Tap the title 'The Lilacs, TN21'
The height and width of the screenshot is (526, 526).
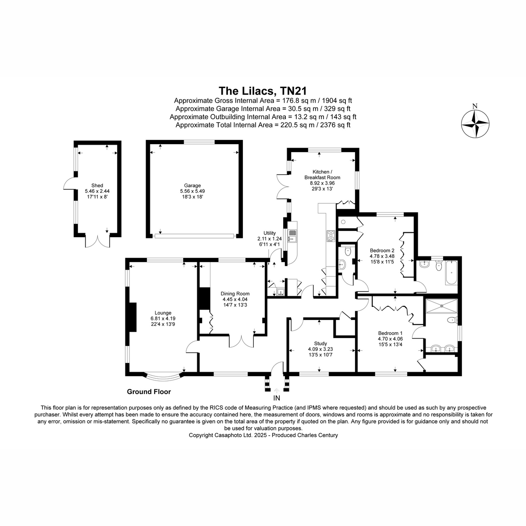tap(263, 91)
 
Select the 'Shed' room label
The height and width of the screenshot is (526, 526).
tap(97, 185)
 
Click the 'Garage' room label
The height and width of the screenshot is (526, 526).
tap(192, 185)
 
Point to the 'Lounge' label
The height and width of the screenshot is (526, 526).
tap(163, 313)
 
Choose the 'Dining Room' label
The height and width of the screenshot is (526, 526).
tap(235, 294)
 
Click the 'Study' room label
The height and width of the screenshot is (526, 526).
tap(320, 343)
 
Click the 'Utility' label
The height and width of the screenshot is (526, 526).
tap(270, 233)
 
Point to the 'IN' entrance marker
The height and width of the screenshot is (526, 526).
tap(277, 398)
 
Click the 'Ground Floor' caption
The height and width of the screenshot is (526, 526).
tap(149, 392)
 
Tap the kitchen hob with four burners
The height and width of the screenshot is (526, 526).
tap(331, 236)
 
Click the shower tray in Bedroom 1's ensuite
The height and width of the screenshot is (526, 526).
tap(441, 306)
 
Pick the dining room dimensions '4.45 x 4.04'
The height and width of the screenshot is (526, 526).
tap(235, 299)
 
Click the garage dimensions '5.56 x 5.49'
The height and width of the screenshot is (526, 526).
tap(192, 191)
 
